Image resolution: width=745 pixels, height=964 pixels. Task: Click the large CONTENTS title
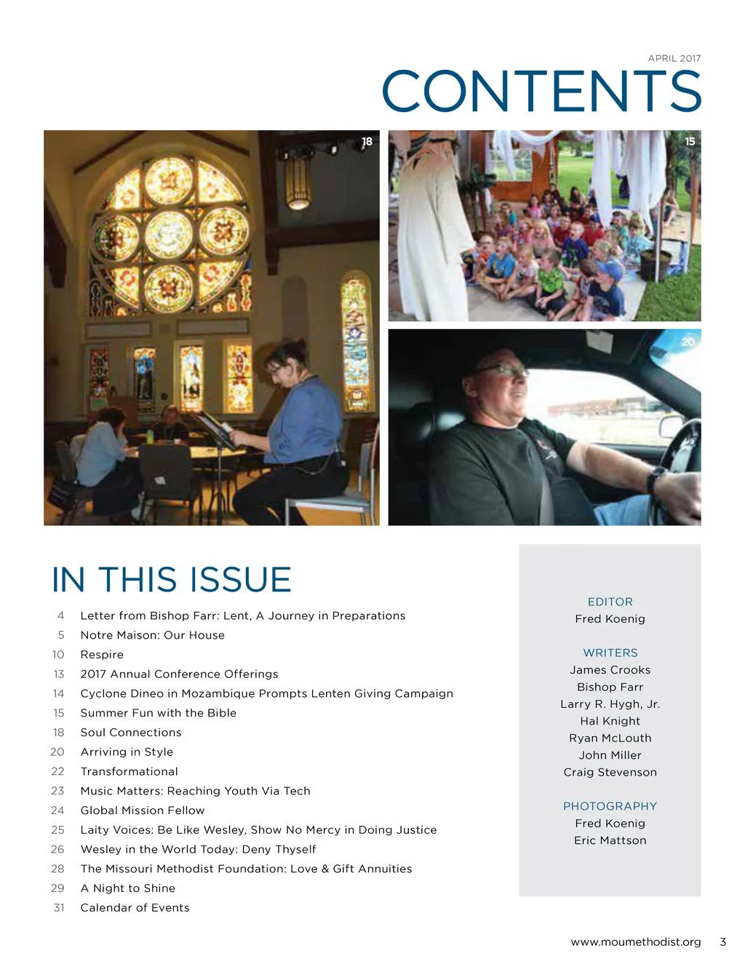(541, 92)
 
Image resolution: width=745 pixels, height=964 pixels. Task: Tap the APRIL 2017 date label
(674, 58)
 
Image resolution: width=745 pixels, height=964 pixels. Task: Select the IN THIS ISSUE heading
(172, 580)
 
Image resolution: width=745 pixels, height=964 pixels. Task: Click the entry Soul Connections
(131, 733)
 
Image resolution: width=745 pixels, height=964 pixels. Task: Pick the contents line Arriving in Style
(127, 752)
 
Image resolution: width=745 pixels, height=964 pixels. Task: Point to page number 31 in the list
(59, 908)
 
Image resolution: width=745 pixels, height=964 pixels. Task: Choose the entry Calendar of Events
(135, 908)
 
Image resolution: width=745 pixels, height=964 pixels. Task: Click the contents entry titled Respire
(102, 655)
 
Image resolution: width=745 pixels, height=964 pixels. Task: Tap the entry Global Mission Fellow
(143, 810)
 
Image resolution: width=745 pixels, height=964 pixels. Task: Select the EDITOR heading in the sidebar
(610, 602)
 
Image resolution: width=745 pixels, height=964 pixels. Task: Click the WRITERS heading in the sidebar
(610, 653)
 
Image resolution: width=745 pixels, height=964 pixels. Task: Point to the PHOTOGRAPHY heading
(610, 806)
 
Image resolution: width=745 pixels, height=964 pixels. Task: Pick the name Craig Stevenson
(610, 773)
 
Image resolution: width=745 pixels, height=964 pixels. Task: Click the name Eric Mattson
(610, 840)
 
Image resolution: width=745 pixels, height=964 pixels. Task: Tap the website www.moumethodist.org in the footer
(635, 942)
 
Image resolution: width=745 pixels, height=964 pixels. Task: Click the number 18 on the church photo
(367, 141)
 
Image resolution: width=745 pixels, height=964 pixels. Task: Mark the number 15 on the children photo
(690, 141)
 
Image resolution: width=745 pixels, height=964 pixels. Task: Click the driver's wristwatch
(656, 481)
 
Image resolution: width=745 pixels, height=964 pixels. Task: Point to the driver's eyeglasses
(502, 370)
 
